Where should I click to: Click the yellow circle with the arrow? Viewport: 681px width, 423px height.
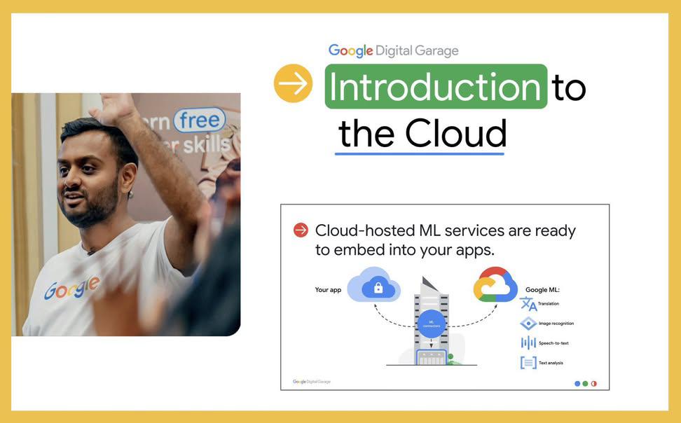(x=293, y=84)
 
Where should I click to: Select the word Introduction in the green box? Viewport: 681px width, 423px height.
(x=435, y=87)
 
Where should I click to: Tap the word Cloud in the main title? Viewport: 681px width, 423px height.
(x=455, y=133)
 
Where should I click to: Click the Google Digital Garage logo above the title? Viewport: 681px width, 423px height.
(x=394, y=50)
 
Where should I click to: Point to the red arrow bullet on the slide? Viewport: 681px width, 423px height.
(x=301, y=230)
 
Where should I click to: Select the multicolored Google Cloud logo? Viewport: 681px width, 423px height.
(x=495, y=285)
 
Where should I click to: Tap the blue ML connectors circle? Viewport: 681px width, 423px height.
(x=432, y=324)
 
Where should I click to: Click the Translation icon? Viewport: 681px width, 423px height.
(x=528, y=304)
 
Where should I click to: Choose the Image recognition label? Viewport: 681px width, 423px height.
(x=556, y=324)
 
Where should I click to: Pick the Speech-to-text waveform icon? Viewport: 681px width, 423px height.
(x=528, y=342)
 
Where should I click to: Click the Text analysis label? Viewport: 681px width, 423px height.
(x=551, y=363)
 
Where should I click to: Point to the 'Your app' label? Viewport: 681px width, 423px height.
(x=329, y=289)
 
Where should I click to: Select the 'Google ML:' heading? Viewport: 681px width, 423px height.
(x=542, y=289)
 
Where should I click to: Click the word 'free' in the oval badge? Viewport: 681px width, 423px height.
(x=200, y=120)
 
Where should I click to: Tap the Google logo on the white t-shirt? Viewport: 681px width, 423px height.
(x=71, y=287)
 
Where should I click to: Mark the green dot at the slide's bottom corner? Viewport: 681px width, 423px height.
(x=586, y=383)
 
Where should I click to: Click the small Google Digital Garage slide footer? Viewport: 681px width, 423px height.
(x=312, y=382)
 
